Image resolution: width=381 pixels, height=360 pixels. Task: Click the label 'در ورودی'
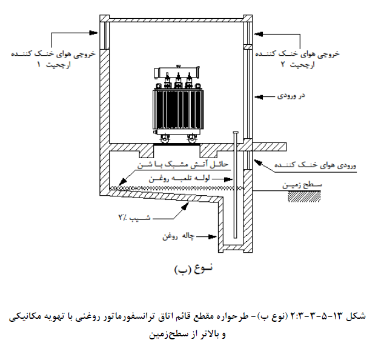[x=291, y=96]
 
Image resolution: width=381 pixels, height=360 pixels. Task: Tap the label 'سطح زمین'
[x=302, y=185]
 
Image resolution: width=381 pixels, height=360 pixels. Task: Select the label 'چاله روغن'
[x=179, y=236]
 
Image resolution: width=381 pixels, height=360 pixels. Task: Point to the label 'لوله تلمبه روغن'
[x=179, y=179]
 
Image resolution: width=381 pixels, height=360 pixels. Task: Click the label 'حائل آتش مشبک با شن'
[x=183, y=165]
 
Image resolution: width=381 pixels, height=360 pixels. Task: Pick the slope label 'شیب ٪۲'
[x=134, y=217]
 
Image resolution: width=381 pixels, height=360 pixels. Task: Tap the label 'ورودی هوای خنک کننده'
[x=315, y=165]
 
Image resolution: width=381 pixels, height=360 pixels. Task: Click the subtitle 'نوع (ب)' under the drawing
[x=193, y=268]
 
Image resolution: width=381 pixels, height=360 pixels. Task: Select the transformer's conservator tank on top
[x=177, y=72]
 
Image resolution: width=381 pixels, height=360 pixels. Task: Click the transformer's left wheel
[x=165, y=139]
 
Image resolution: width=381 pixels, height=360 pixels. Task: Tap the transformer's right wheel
[x=192, y=139]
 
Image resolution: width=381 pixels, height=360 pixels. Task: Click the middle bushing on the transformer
[x=178, y=81]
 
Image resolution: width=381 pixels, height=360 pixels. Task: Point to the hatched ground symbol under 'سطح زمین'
[x=304, y=196]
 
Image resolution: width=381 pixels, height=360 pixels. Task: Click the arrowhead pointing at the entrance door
[x=259, y=97]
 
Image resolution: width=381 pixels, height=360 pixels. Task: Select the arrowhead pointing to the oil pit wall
[x=213, y=236]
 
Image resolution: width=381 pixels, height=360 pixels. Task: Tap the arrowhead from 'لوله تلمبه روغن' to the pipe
[x=228, y=179]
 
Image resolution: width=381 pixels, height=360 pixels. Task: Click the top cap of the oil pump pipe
[x=235, y=133]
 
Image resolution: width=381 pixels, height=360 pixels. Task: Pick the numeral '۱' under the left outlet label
[x=39, y=65]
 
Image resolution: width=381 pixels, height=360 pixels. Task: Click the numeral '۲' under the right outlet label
[x=283, y=64]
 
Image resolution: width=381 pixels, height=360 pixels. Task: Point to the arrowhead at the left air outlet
[x=93, y=33]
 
